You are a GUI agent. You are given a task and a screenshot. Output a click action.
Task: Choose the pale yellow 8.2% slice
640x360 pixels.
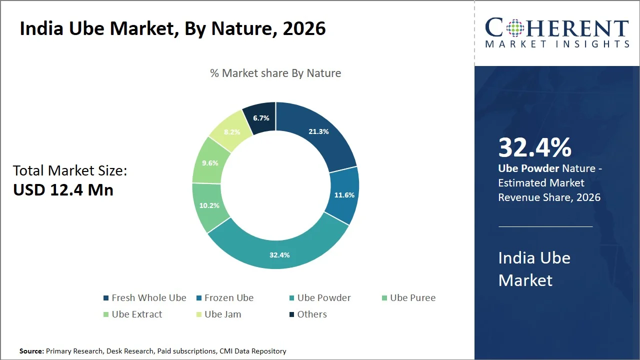pyautogui.click(x=232, y=131)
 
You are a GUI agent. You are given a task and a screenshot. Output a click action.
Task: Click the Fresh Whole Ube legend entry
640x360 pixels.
pyautogui.click(x=145, y=297)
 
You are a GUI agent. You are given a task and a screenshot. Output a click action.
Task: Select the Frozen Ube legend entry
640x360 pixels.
pyautogui.click(x=225, y=297)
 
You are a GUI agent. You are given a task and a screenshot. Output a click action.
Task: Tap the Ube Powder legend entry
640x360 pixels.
pyautogui.click(x=320, y=297)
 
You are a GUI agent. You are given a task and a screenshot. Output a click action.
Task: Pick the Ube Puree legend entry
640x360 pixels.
pyautogui.click(x=409, y=297)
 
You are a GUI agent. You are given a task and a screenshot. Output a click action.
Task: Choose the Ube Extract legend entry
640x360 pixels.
pyautogui.click(x=133, y=314)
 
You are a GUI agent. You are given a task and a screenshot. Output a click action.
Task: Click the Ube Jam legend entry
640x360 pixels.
pyautogui.click(x=219, y=314)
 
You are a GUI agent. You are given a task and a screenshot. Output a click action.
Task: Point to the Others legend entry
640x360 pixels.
pyautogui.click(x=308, y=314)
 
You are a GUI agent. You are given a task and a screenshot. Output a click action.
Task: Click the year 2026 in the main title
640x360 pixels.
pyautogui.click(x=304, y=28)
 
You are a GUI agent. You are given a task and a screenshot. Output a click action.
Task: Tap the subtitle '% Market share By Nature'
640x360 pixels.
pyautogui.click(x=275, y=73)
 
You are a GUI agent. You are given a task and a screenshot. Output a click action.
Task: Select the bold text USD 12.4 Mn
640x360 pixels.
pyautogui.click(x=63, y=189)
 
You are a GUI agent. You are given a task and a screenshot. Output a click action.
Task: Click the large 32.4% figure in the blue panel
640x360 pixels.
pyautogui.click(x=534, y=147)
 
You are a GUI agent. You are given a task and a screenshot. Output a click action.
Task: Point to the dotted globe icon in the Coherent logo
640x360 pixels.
pyautogui.click(x=515, y=28)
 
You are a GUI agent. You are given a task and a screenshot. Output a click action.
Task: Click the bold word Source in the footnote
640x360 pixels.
pyautogui.click(x=31, y=351)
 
